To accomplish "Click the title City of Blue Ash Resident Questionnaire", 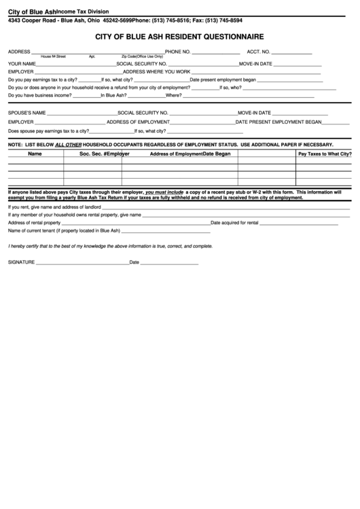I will (180, 35).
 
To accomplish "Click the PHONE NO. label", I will (178, 52).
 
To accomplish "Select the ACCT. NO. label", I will (259, 52).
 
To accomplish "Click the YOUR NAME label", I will (22, 63).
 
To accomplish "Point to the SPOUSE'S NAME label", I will (27, 112).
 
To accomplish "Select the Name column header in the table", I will (35, 154).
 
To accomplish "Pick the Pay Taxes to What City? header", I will (325, 154).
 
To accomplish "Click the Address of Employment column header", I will (176, 154).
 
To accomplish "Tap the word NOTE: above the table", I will (15, 145).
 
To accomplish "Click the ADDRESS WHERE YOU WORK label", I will (157, 71).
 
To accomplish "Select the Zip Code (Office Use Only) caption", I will (142, 57).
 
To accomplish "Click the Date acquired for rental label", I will (234, 222).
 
